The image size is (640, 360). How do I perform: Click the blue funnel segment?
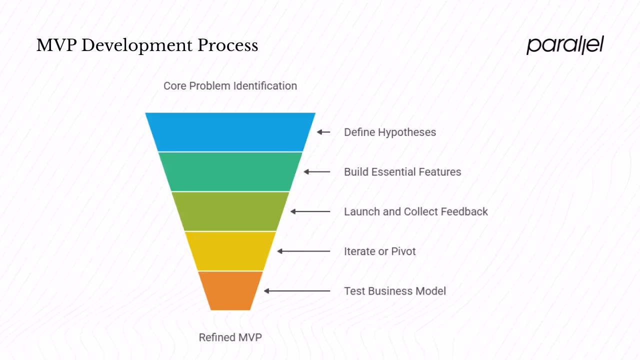click(230, 132)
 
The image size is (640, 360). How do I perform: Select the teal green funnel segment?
click(230, 171)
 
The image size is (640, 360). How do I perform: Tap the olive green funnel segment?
click(230, 211)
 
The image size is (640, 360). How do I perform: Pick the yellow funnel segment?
click(230, 251)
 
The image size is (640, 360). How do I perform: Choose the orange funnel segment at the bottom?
click(230, 290)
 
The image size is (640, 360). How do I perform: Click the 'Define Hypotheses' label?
click(390, 132)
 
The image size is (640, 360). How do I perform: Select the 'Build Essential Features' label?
click(402, 172)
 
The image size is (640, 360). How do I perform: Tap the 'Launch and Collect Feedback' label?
click(416, 211)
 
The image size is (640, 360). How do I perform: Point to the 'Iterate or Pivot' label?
click(380, 251)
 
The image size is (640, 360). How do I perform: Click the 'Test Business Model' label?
click(395, 291)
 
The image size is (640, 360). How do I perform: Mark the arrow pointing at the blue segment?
click(323, 132)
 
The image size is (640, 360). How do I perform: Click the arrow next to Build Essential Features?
click(317, 171)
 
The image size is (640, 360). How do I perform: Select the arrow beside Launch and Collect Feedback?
click(310, 211)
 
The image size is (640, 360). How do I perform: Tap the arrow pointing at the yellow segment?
click(303, 251)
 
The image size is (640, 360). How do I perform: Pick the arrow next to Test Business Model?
click(297, 290)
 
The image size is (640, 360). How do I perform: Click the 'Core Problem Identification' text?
click(230, 86)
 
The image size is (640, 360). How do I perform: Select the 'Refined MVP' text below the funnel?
click(230, 337)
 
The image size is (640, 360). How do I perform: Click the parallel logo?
click(565, 45)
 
